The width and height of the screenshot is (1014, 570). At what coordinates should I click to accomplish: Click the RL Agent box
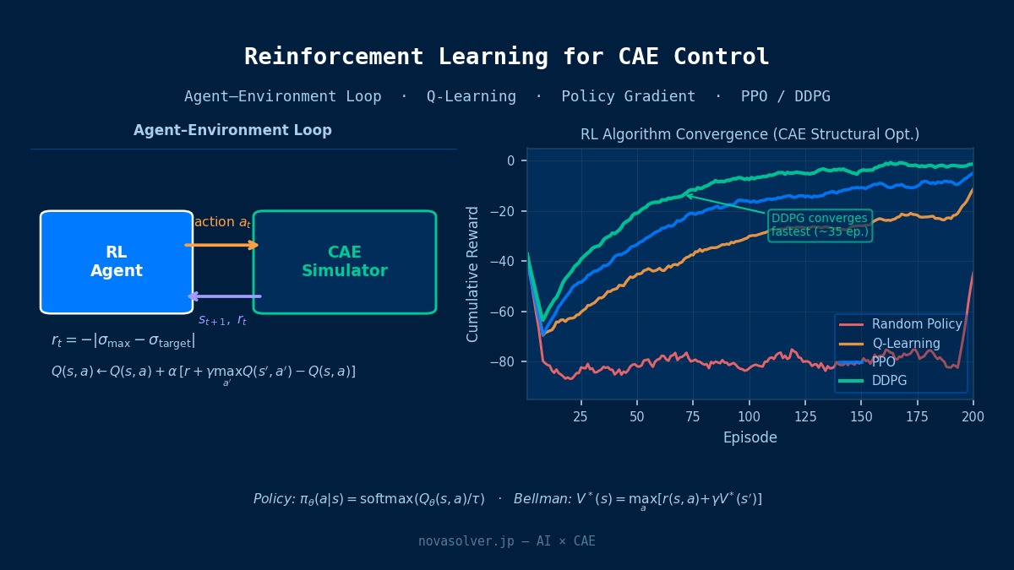[117, 262]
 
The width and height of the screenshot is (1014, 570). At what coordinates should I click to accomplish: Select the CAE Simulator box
[345, 262]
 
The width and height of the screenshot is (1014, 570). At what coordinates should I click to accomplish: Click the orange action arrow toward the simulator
[222, 245]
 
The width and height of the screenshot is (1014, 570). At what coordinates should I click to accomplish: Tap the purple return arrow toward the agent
[224, 296]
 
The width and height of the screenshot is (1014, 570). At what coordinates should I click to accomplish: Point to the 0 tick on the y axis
[510, 160]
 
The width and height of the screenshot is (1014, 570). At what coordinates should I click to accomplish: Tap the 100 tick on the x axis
[749, 416]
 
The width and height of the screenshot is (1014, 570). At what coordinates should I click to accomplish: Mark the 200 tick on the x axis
[973, 416]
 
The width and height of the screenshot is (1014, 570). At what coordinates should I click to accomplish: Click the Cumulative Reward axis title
[473, 274]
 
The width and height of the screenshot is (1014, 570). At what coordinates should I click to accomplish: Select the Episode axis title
[750, 437]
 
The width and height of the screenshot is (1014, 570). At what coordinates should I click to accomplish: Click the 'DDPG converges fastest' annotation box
[820, 225]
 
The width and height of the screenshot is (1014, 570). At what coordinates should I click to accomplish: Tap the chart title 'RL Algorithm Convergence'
[750, 134]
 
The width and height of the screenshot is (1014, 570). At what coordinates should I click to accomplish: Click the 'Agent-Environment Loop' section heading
[232, 131]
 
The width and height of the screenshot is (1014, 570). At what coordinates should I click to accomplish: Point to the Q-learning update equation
[203, 372]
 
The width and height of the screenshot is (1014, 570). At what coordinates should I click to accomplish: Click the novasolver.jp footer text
[506, 541]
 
